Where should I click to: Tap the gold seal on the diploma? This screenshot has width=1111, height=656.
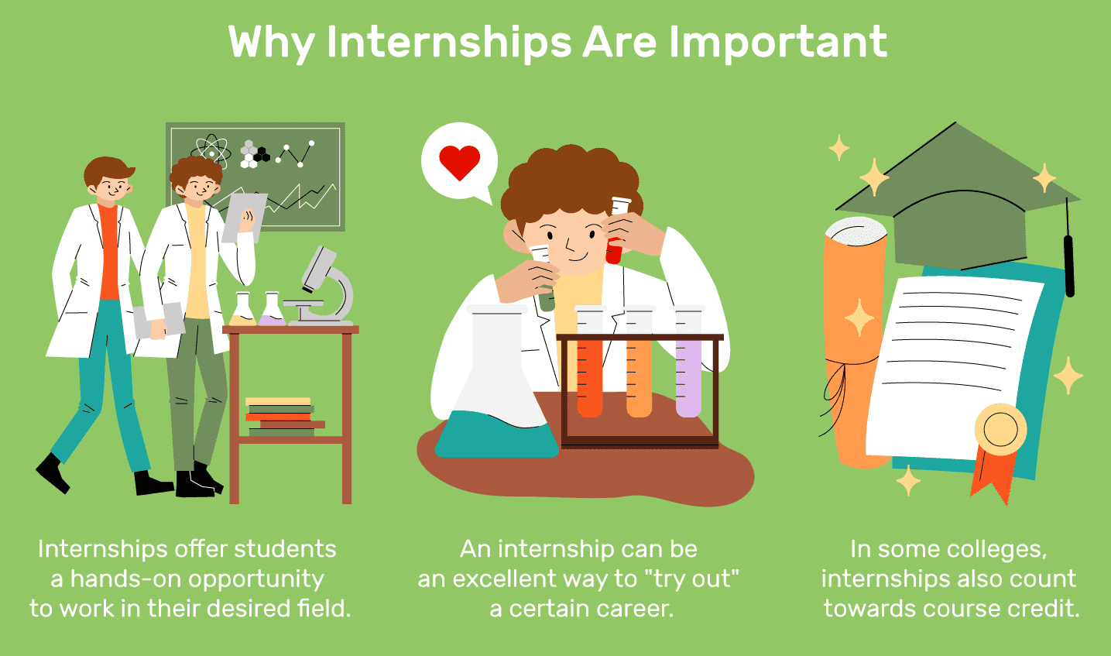point(1000,430)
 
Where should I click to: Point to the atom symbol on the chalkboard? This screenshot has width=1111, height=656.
point(211,149)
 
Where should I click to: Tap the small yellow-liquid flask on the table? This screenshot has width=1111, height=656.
point(242,310)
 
